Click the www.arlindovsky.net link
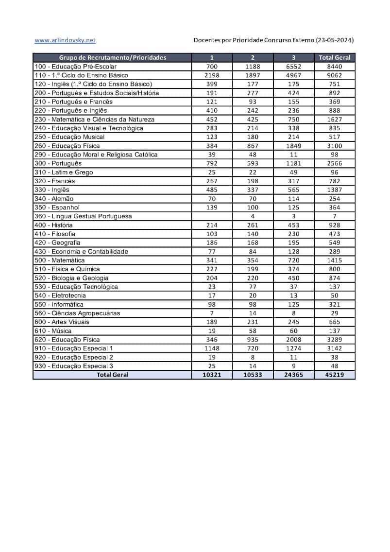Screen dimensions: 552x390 pyautogui.click(x=65, y=40)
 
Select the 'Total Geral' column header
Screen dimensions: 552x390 pyautogui.click(x=335, y=57)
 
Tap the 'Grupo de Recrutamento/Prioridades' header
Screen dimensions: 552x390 pyautogui.click(x=113, y=57)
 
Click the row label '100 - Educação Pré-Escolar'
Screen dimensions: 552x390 pyautogui.click(x=76, y=67)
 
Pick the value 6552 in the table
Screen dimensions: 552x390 pyautogui.click(x=294, y=67)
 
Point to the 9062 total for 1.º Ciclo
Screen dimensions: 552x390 pyautogui.click(x=335, y=75)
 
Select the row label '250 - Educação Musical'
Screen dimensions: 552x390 pyautogui.click(x=69, y=137)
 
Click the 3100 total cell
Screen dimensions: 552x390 pyautogui.click(x=335, y=146)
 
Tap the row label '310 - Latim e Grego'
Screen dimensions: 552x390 pyautogui.click(x=64, y=172)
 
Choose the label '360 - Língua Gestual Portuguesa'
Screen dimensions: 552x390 pyautogui.click(x=83, y=216)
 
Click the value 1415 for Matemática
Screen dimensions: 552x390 pyautogui.click(x=335, y=260)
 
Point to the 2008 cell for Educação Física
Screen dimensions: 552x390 pyautogui.click(x=294, y=340)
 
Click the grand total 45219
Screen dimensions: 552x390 pyautogui.click(x=335, y=375)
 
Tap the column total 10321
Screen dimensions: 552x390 pyautogui.click(x=212, y=375)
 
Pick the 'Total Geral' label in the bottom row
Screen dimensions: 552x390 pyautogui.click(x=113, y=375)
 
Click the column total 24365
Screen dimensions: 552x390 pyautogui.click(x=294, y=375)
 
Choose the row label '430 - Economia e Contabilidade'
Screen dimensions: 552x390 pyautogui.click(x=81, y=252)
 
